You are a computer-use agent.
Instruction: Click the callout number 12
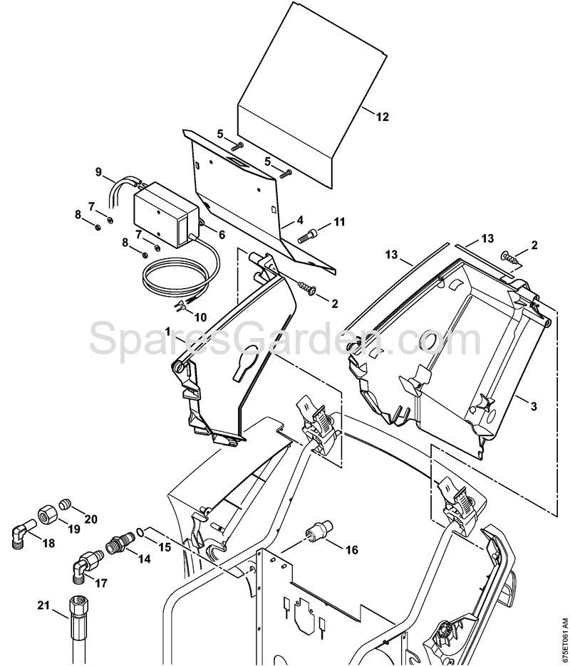pyautogui.click(x=383, y=117)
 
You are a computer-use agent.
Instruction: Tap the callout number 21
pyautogui.click(x=43, y=606)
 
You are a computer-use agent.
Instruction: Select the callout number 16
pyautogui.click(x=351, y=550)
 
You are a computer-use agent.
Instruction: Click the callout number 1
pyautogui.click(x=168, y=332)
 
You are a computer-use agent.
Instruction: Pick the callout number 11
pyautogui.click(x=339, y=223)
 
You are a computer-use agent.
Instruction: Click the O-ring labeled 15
pyautogui.click(x=144, y=532)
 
